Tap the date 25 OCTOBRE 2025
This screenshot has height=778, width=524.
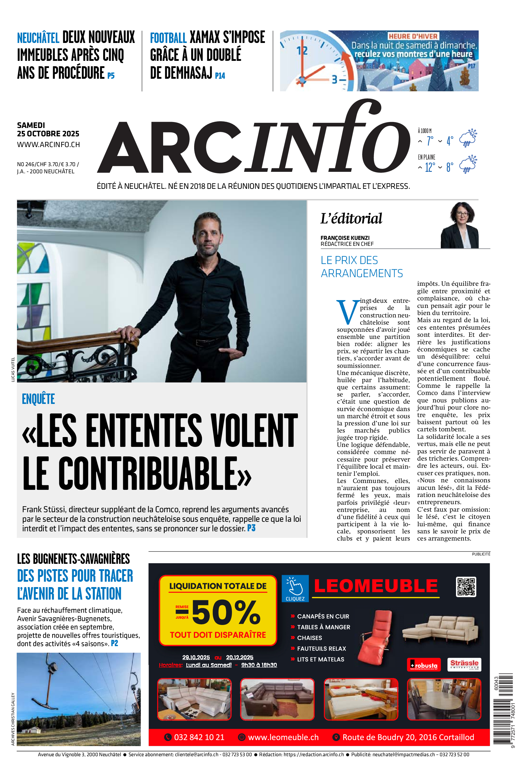(x=48, y=134)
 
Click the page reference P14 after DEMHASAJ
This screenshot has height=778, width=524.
(x=220, y=76)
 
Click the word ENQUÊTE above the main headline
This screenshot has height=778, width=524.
(x=38, y=399)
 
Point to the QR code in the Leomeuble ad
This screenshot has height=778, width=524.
(x=466, y=586)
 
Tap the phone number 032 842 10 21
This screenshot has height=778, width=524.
(x=199, y=737)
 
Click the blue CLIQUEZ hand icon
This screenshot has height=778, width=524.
(x=295, y=588)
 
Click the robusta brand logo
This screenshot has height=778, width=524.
(x=424, y=665)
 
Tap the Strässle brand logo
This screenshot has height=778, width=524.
(x=464, y=664)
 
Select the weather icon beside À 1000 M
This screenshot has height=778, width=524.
(x=468, y=138)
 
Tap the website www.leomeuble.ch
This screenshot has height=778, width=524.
(x=283, y=737)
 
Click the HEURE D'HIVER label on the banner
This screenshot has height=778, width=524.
(x=413, y=36)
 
